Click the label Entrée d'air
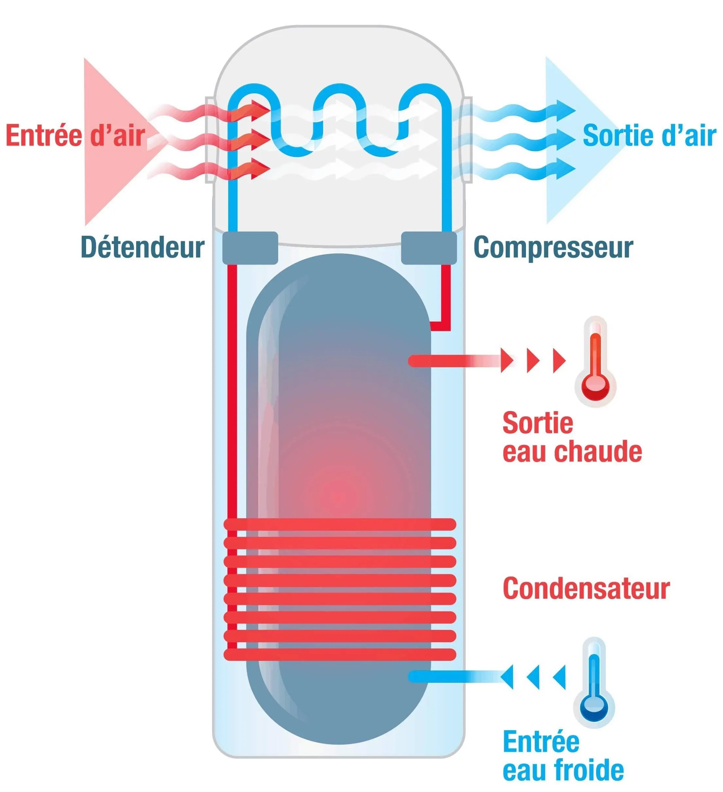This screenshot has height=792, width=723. (x=76, y=135)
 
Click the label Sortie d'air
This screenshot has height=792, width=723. (x=649, y=135)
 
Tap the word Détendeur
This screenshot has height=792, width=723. (x=142, y=247)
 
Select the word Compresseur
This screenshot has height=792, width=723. (x=553, y=247)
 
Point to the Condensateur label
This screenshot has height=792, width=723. (x=586, y=589)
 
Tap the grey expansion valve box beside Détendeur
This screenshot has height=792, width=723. (x=250, y=248)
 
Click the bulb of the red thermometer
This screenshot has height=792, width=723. (x=595, y=387)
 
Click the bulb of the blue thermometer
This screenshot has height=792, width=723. (x=594, y=708)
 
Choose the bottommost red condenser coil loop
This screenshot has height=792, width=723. (x=340, y=655)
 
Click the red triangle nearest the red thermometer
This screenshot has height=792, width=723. (x=559, y=360)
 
